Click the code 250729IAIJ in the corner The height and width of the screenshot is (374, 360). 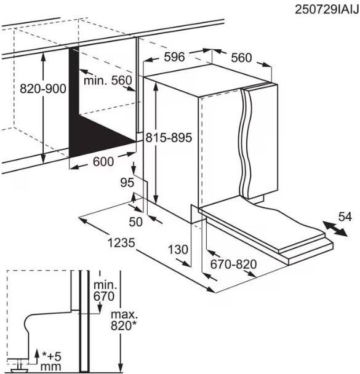tap(327, 10)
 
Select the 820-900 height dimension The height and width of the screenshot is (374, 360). tap(43, 89)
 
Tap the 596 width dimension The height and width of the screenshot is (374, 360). tap(174, 57)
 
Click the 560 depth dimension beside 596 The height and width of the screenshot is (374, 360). tap(241, 58)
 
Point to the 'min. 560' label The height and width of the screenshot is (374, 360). tap(108, 81)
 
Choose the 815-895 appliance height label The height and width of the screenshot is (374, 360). tap(169, 138)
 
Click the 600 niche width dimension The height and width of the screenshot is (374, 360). tap(103, 162)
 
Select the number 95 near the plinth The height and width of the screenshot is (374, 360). tap(127, 183)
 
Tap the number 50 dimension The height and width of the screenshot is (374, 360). tap(135, 222)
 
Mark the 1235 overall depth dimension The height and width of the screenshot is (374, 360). tap(121, 243)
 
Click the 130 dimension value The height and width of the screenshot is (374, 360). tap(178, 250)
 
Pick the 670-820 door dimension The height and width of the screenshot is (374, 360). tap(234, 265)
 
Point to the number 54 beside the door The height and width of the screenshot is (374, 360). tap(345, 217)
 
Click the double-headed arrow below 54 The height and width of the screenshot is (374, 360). tap(335, 229)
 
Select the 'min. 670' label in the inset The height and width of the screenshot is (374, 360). tap(104, 291)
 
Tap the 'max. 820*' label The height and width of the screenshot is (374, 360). tap(124, 320)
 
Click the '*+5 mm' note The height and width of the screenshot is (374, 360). tap(51, 362)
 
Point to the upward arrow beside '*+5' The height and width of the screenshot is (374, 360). tap(37, 356)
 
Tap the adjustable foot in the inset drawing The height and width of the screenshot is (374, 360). tap(17, 368)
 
